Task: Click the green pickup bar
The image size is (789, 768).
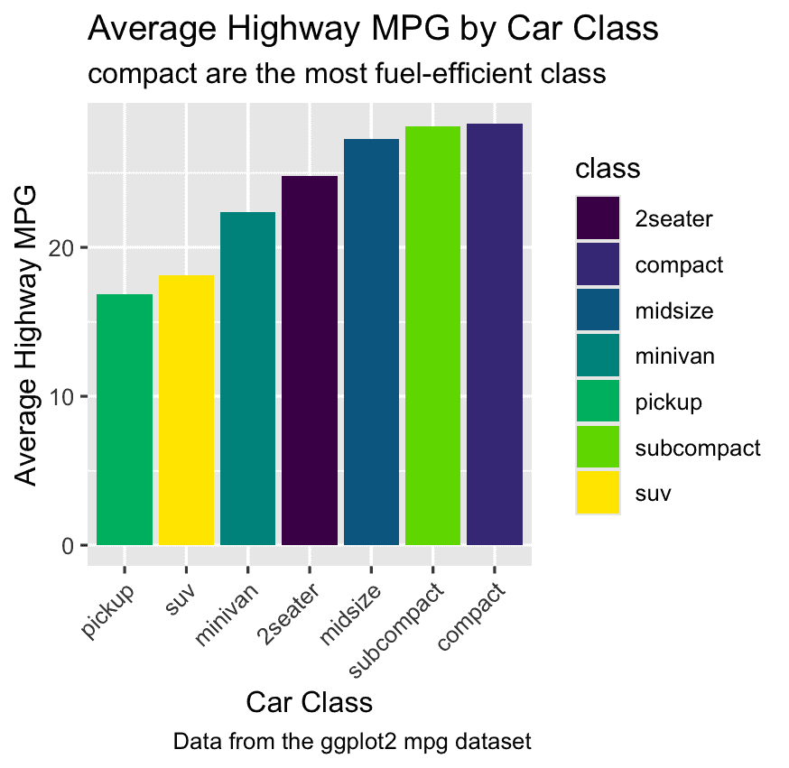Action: [x=125, y=420]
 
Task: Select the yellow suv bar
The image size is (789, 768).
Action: [x=186, y=411]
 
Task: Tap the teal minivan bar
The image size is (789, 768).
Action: [x=247, y=379]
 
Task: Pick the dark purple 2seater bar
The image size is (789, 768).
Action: [x=310, y=361]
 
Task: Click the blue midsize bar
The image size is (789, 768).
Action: [x=371, y=343]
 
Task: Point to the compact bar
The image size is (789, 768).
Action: [x=495, y=335]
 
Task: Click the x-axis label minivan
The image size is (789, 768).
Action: [x=229, y=615]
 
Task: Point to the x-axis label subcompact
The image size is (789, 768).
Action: [x=399, y=631]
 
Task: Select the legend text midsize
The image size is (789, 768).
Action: [x=673, y=311]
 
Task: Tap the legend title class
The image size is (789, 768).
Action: [x=608, y=169]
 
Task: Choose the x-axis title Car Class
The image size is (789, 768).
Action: [x=310, y=702]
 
